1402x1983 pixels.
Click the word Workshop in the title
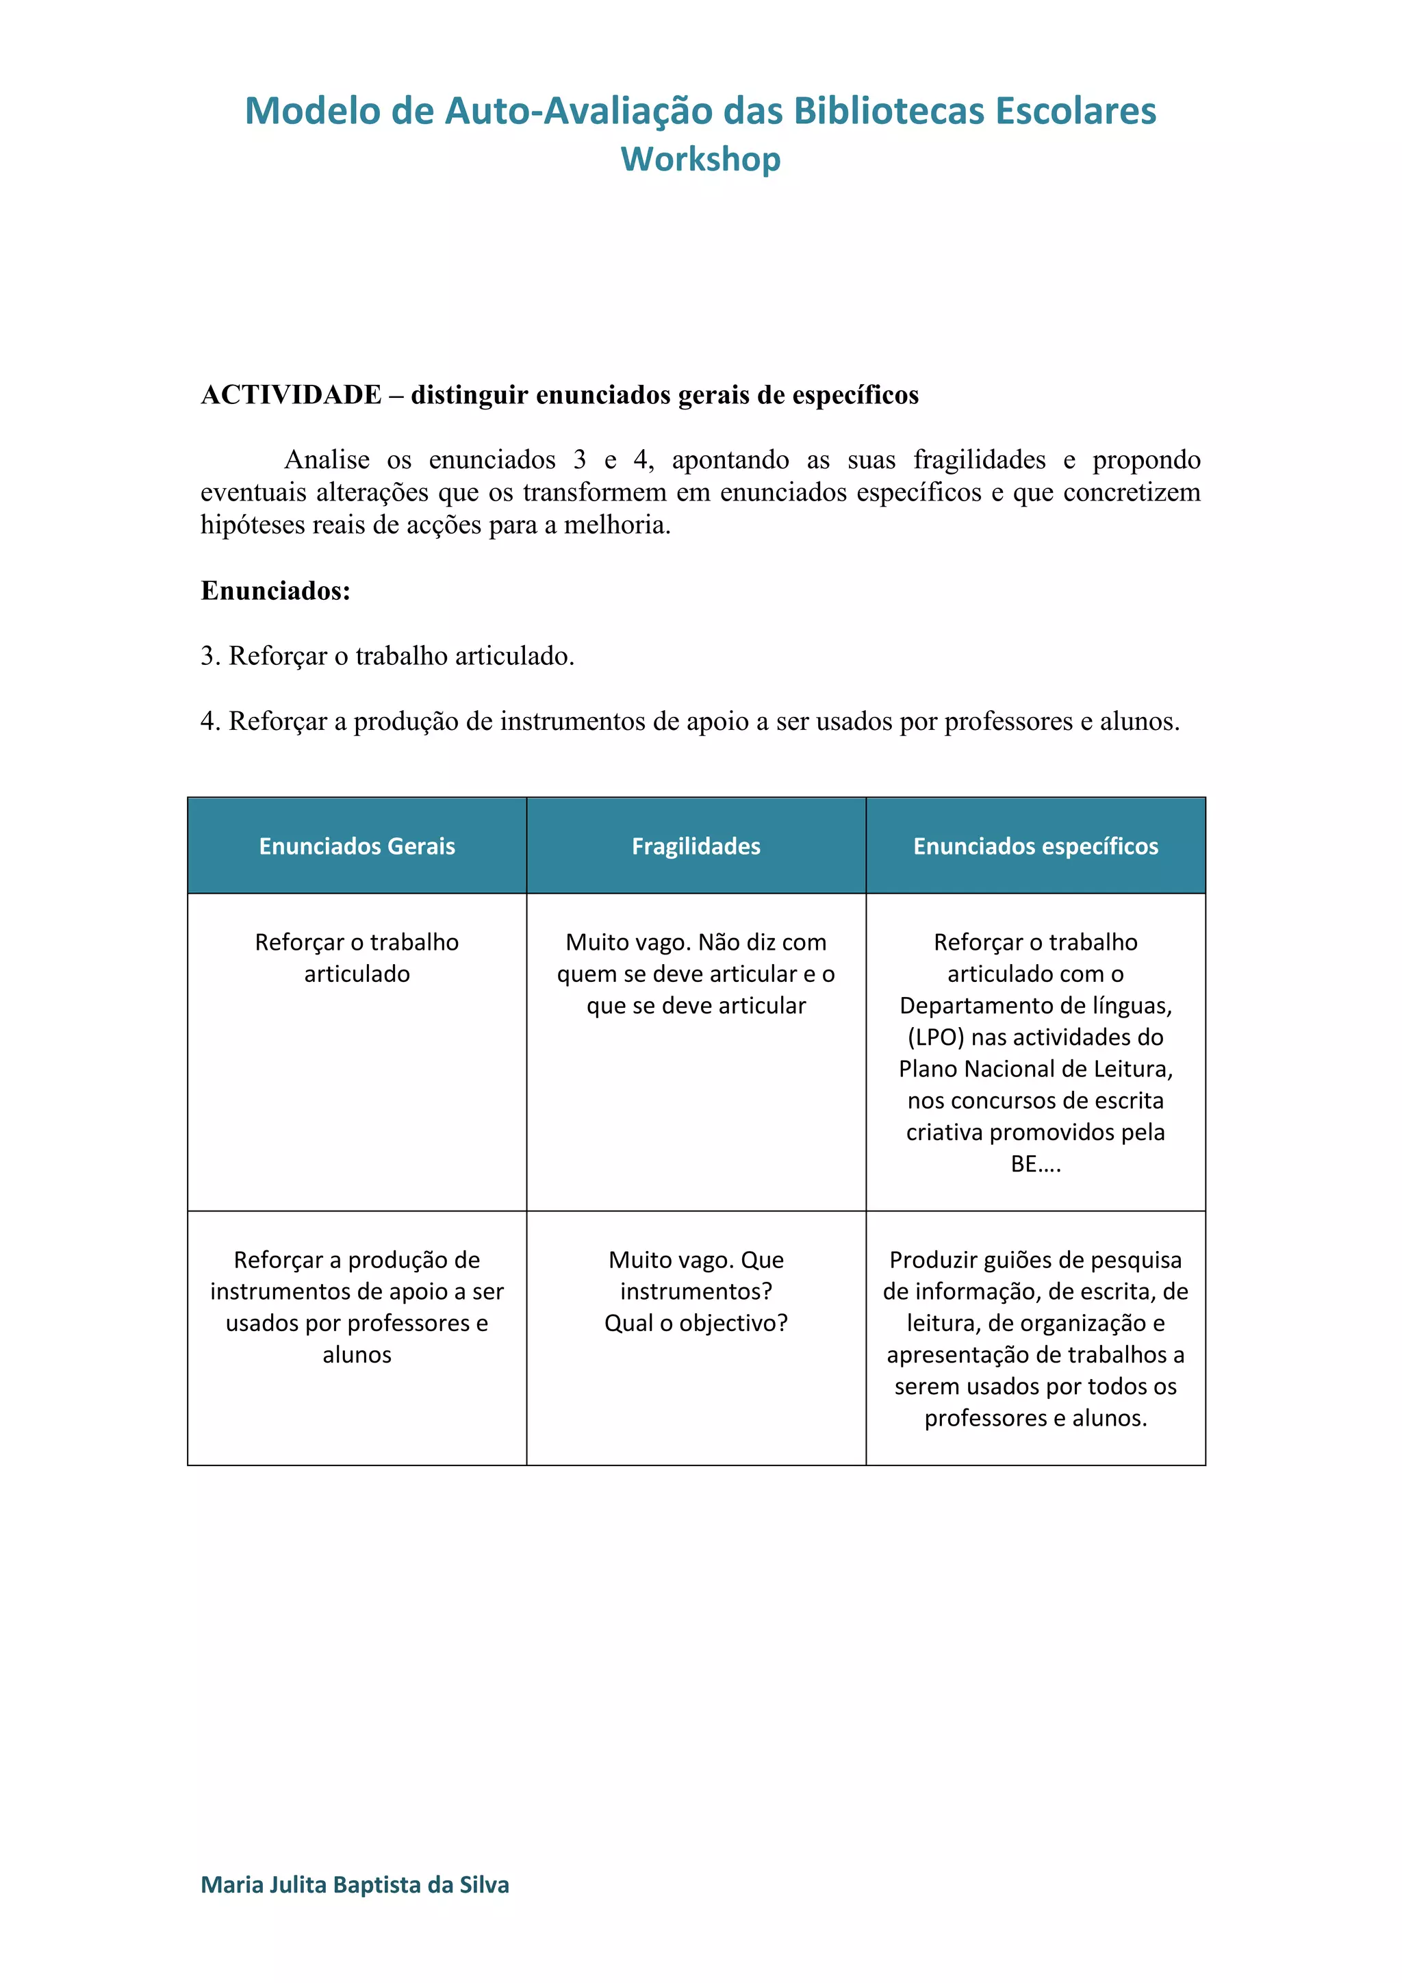point(700,160)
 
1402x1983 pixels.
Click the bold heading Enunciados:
point(275,591)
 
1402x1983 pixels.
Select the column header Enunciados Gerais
point(357,846)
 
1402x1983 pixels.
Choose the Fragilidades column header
point(696,846)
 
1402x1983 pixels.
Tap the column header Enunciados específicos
point(1035,846)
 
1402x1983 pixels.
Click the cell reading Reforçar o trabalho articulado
point(357,958)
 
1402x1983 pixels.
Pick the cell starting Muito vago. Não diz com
point(696,974)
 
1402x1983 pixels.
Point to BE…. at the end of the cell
point(1035,1164)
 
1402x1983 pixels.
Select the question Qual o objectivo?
point(696,1323)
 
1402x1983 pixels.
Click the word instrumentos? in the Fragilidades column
point(696,1291)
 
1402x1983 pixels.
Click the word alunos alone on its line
point(357,1355)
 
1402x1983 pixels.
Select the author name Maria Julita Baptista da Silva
point(355,1884)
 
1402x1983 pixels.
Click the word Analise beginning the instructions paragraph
point(327,459)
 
